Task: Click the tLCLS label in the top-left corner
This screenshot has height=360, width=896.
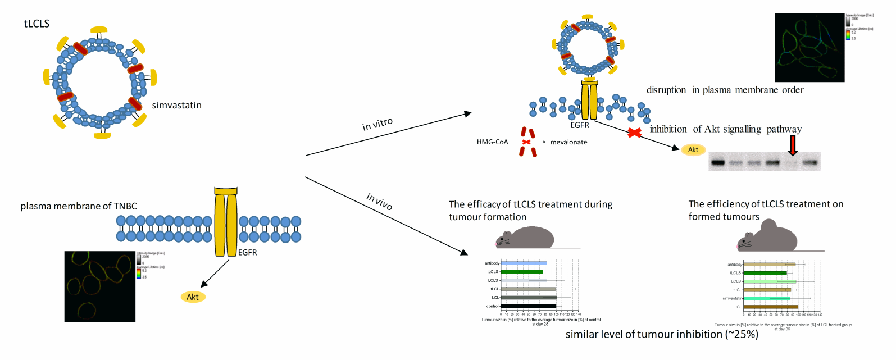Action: pyautogui.click(x=37, y=24)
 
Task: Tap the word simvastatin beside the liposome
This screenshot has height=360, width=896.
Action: pyautogui.click(x=176, y=105)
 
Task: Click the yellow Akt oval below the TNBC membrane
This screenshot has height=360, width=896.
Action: pyautogui.click(x=193, y=297)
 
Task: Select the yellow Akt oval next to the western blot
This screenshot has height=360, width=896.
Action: pyautogui.click(x=693, y=149)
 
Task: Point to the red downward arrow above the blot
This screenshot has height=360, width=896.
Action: pyautogui.click(x=793, y=145)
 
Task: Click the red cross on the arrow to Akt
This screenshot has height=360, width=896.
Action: pyautogui.click(x=634, y=133)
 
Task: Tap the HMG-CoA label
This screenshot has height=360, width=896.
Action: pyautogui.click(x=492, y=142)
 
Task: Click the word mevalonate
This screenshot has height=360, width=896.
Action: pyautogui.click(x=568, y=142)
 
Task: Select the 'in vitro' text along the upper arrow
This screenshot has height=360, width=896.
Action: pyautogui.click(x=377, y=124)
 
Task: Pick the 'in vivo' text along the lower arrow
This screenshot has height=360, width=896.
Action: pyautogui.click(x=379, y=201)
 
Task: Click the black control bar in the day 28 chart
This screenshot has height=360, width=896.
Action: pyautogui.click(x=528, y=306)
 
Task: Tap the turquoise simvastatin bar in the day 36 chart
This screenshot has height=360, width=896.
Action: pyautogui.click(x=767, y=298)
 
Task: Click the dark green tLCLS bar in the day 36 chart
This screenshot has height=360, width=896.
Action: pyautogui.click(x=765, y=273)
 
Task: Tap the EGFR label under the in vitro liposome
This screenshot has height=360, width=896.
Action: pyautogui.click(x=580, y=125)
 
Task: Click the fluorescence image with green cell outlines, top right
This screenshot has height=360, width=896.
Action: pyautogui.click(x=809, y=48)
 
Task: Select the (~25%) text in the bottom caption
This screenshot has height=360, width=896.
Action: pyautogui.click(x=742, y=334)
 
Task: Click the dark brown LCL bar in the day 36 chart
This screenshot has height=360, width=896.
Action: pyautogui.click(x=771, y=307)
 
